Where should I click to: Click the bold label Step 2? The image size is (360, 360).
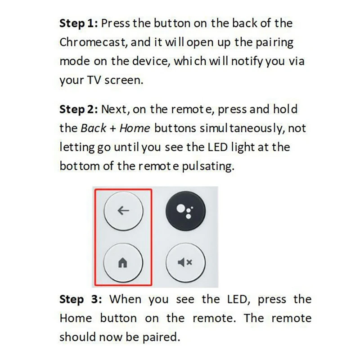[78, 109]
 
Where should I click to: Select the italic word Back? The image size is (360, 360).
[92, 128]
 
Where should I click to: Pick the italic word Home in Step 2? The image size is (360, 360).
[135, 128]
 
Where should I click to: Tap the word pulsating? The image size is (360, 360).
[213, 166]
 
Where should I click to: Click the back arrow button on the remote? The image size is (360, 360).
[123, 211]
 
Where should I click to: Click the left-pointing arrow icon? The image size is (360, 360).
[123, 211]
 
